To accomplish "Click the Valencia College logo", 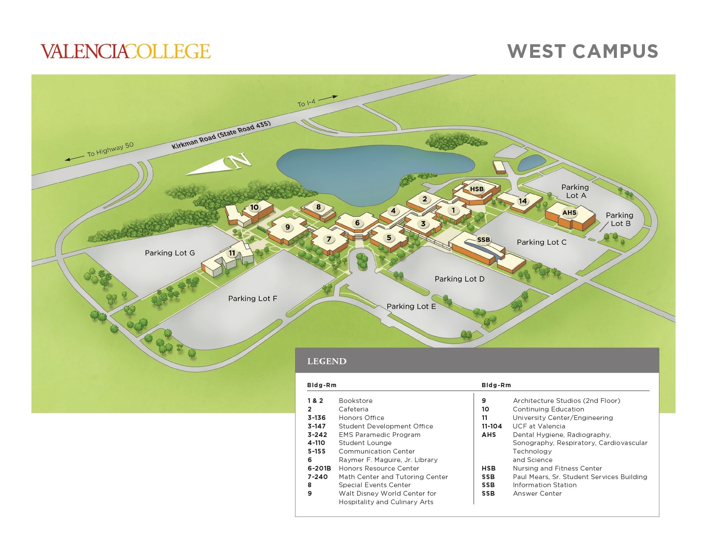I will [125, 51].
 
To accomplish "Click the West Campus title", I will [582, 51].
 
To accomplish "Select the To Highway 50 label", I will [110, 149].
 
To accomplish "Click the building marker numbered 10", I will [254, 207].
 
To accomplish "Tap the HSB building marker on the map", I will [477, 189].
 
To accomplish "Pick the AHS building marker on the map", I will [569, 212].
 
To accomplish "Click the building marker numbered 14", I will [522, 201].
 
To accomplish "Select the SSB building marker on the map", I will [483, 240].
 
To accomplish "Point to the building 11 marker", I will [232, 253].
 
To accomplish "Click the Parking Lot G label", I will [170, 253].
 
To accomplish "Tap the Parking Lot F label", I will [253, 298].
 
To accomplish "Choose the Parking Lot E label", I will [411, 306].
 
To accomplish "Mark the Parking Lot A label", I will [575, 191].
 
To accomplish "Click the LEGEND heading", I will [327, 361].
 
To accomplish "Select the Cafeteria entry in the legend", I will [353, 409].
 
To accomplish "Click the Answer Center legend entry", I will [537, 494].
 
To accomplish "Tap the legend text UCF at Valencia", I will [539, 426].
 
